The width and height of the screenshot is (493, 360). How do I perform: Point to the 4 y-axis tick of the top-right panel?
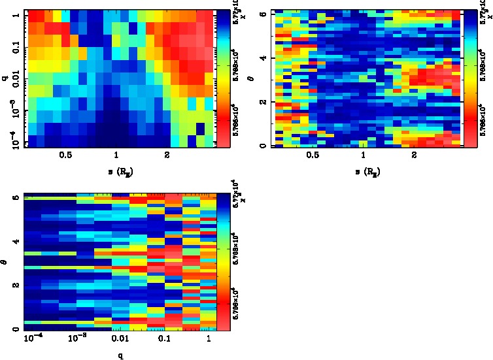262,58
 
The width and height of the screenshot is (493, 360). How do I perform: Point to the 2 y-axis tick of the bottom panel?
16,286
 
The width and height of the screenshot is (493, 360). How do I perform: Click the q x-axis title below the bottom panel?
119,356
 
